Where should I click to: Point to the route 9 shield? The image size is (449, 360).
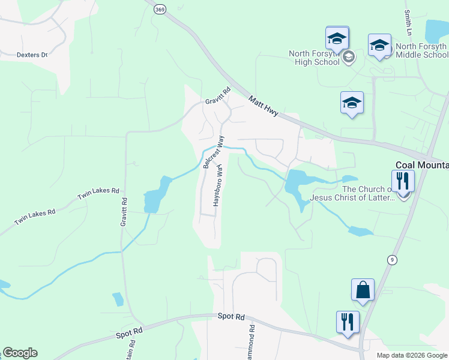click(x=392, y=259)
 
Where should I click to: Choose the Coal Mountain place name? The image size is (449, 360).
click(x=421, y=165)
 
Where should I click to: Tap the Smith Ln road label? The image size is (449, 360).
click(x=408, y=21)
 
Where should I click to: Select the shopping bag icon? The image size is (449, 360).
click(x=363, y=290)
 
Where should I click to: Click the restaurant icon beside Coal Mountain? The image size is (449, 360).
click(x=403, y=181)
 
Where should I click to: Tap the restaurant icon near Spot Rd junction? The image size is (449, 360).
click(x=348, y=322)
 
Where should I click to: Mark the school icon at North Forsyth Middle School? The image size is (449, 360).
click(x=379, y=46)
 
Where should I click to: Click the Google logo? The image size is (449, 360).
click(x=20, y=353)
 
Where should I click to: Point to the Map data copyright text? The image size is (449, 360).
click(x=411, y=355)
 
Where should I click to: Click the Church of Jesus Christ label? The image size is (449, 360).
click(x=352, y=193)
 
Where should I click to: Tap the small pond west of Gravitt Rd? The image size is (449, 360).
click(x=118, y=299)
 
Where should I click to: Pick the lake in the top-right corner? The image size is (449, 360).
click(x=436, y=29)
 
